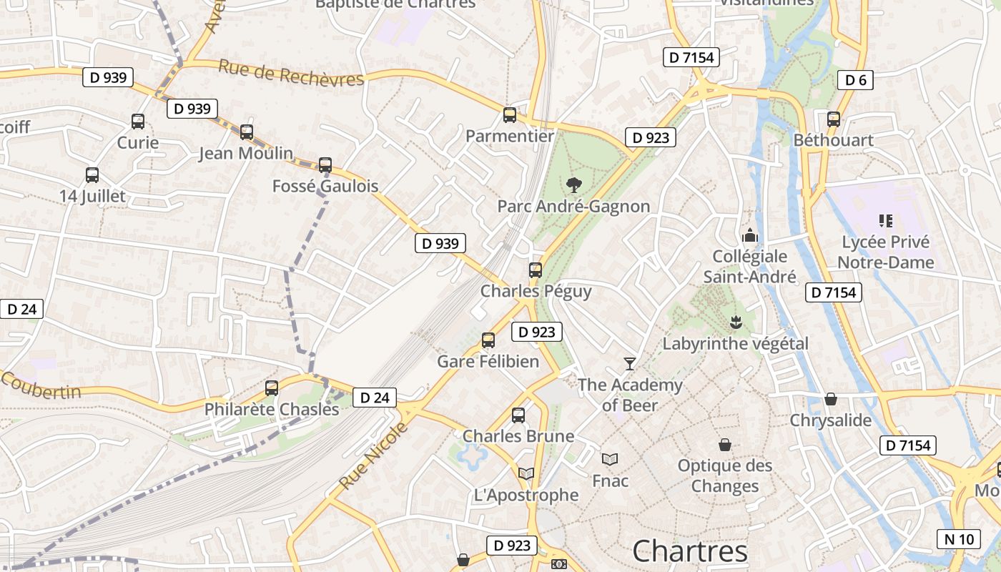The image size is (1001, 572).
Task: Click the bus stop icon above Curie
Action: coord(138,122)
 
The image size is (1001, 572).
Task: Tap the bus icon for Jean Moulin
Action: coord(247,132)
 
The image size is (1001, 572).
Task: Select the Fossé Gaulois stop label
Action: coord(325,187)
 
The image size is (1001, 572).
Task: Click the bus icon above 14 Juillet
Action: coord(92,175)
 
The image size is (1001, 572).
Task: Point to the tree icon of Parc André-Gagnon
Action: coord(573,185)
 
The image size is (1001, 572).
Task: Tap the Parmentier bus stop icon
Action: coord(510,115)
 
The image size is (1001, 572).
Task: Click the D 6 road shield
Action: coord(856,80)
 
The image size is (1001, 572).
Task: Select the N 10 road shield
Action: coord(959,539)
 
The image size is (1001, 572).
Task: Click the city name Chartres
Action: coord(690,551)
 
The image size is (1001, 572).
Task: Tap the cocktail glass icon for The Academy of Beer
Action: coord(629,364)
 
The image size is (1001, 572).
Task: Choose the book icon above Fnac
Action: coord(610,459)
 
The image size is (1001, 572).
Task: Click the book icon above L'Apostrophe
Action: coord(526,473)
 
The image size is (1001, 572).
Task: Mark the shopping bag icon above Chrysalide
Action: coord(831,399)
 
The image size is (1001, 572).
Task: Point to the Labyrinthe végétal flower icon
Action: coord(735,322)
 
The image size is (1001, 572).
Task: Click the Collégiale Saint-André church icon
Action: coord(749,235)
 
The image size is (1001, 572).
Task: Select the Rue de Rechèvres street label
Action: coord(291,73)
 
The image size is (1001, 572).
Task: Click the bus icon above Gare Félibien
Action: coord(488,340)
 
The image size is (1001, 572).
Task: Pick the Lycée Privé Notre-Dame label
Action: coord(885,252)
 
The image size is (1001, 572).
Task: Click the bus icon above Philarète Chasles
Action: coord(272,388)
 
